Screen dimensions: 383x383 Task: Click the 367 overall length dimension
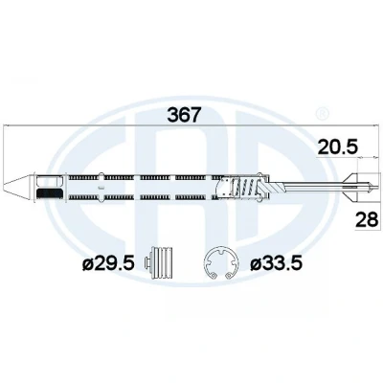(183, 115)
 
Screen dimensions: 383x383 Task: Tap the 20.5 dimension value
(338, 147)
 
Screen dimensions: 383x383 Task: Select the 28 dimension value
(367, 220)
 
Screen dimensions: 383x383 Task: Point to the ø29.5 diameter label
(108, 264)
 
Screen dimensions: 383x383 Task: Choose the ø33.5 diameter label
(276, 264)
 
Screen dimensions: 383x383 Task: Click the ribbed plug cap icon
(159, 263)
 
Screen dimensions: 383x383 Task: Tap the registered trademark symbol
(321, 113)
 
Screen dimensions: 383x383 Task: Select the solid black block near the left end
(50, 193)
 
